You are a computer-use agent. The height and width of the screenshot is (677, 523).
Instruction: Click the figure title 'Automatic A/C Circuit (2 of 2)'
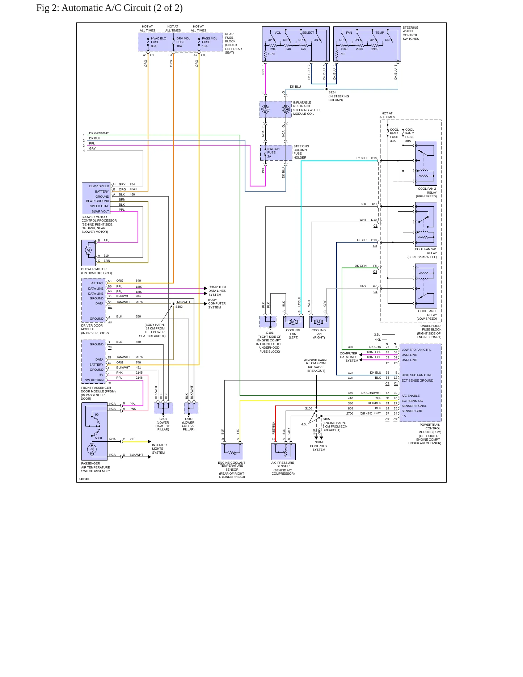(x=122, y=8)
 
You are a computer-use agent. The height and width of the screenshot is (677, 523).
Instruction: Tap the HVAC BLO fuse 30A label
(x=159, y=42)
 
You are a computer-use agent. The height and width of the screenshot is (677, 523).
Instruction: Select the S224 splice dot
(x=326, y=89)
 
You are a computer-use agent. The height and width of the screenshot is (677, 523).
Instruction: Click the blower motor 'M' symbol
(x=88, y=250)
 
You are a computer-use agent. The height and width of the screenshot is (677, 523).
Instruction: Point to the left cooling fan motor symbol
(x=293, y=322)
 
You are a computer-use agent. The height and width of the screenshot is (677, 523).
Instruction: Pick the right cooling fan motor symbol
(x=319, y=322)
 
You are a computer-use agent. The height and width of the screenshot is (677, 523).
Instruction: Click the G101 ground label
(x=270, y=333)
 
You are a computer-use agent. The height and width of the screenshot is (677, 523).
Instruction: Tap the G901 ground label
(x=163, y=419)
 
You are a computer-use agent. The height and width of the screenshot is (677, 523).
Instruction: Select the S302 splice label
(x=179, y=307)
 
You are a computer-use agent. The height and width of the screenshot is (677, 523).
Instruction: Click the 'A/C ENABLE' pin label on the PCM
(x=410, y=396)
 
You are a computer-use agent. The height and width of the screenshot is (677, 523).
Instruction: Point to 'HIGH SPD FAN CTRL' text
(x=417, y=375)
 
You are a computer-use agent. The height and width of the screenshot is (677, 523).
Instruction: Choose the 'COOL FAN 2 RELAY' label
(x=427, y=190)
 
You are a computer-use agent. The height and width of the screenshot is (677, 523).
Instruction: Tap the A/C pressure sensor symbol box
(x=283, y=451)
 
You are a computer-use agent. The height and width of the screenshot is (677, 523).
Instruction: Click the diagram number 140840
(x=84, y=479)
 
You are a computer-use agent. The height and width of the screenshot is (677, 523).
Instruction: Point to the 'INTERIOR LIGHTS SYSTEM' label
(x=159, y=449)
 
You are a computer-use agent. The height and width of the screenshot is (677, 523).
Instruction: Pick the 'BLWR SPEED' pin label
(x=99, y=186)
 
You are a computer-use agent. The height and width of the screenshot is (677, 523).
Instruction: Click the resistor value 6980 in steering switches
(x=375, y=49)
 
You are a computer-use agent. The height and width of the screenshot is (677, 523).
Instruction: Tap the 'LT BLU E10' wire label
(x=367, y=158)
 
